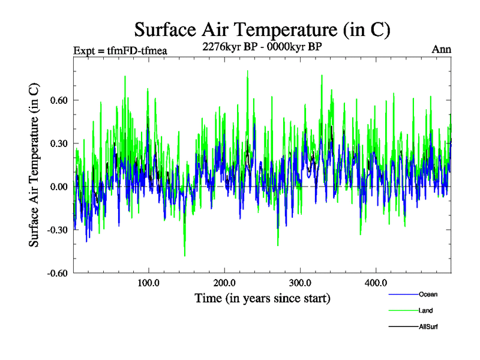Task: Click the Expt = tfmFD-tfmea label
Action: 119,50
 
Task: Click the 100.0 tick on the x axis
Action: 149,283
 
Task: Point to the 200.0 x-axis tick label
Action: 224,283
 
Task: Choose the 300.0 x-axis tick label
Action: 300,283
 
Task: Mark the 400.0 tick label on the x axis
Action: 376,283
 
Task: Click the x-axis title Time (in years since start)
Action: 262,298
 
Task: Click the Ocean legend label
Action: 428,294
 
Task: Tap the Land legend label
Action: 426,310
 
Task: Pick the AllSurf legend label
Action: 429,326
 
